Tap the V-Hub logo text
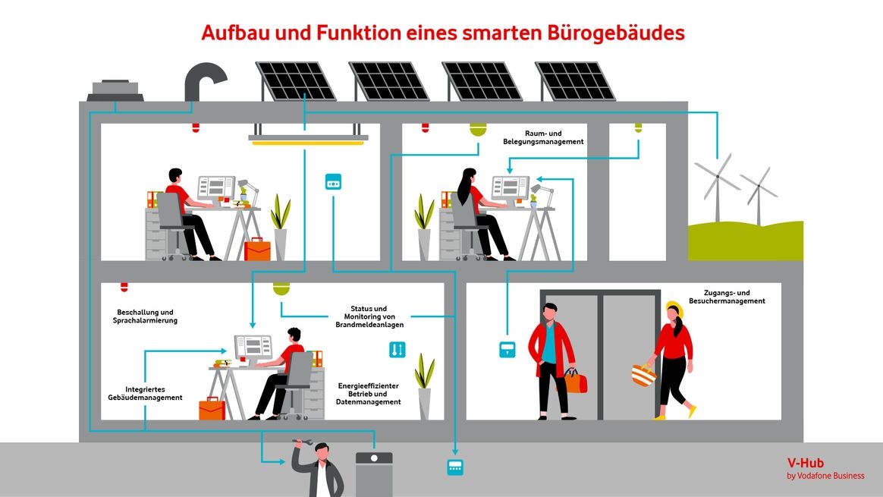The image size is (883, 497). click(x=806, y=462)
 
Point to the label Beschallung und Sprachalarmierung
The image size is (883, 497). click(x=145, y=316)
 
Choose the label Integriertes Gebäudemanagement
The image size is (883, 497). click(x=144, y=392)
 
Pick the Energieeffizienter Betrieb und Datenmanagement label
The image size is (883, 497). click(x=369, y=394)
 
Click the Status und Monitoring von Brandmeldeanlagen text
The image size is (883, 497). click(x=369, y=316)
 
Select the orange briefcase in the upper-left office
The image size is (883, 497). click(x=257, y=249)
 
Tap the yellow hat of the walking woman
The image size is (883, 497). click(x=673, y=307)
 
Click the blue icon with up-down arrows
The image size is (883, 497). click(x=398, y=349)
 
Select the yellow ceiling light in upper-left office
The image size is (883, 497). click(x=308, y=142)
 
